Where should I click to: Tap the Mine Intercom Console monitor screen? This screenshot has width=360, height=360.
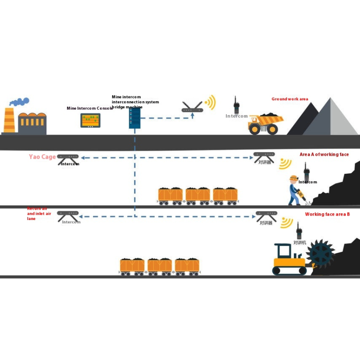(90, 120)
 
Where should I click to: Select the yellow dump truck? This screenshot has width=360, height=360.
(266, 124)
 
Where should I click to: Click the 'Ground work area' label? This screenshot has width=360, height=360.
(290, 99)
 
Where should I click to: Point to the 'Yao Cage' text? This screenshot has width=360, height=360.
(42, 157)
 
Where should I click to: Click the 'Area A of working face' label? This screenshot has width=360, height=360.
(324, 154)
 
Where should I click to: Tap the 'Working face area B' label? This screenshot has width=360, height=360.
(327, 214)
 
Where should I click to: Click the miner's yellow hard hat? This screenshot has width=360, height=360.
(294, 178)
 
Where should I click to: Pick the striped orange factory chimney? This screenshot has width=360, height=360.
(9, 121)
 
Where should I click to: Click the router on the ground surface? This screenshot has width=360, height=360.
(193, 108)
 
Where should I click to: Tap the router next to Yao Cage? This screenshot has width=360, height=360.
(68, 157)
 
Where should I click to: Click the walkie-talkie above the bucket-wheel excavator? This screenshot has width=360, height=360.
(298, 231)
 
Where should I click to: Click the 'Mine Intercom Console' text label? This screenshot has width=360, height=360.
(89, 108)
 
